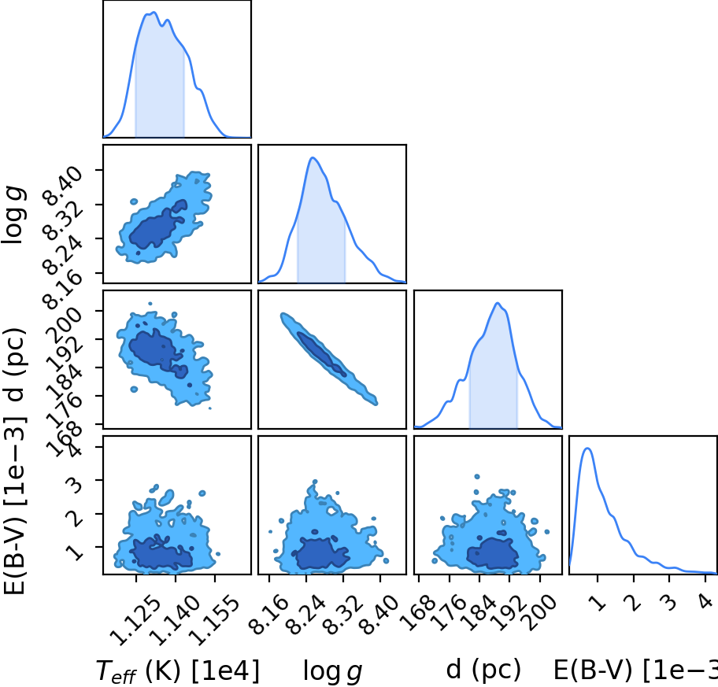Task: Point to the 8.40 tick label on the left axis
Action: click(x=62, y=186)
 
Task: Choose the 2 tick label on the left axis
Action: click(x=76, y=518)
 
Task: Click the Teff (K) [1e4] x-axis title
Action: click(x=178, y=671)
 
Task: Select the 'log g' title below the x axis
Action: click(x=332, y=671)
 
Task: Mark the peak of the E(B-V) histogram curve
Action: click(x=587, y=448)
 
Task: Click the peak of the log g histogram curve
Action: click(x=313, y=157)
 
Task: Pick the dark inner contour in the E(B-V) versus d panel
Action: click(x=493, y=554)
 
